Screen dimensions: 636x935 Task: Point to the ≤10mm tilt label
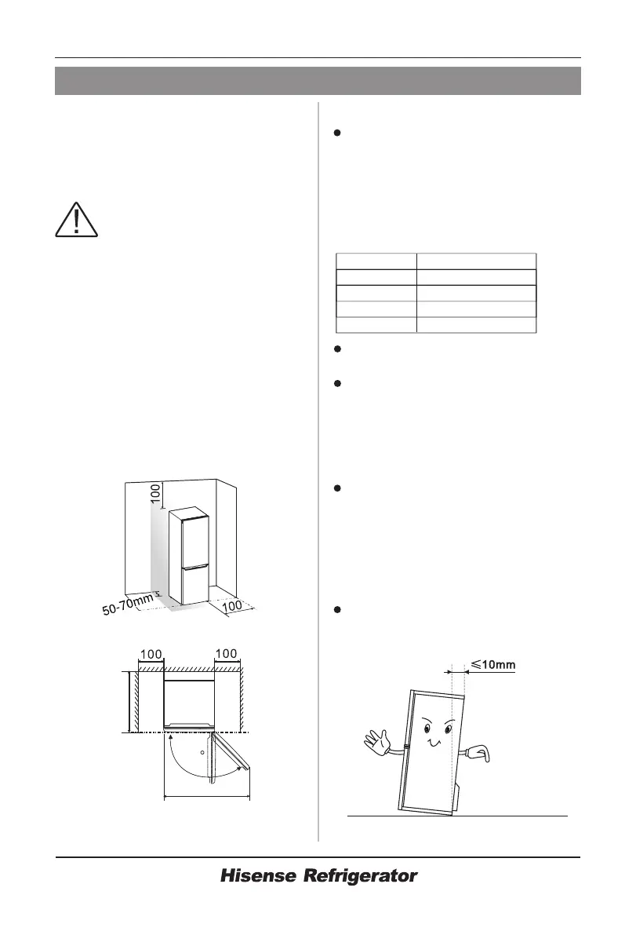pos(492,665)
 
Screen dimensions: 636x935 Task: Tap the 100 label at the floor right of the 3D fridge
pos(234,606)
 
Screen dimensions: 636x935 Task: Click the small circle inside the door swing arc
pos(203,751)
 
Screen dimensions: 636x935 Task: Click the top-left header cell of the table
pos(376,261)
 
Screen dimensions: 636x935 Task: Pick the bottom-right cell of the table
pos(476,326)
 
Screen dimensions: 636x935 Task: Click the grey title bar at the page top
pos(318,81)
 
